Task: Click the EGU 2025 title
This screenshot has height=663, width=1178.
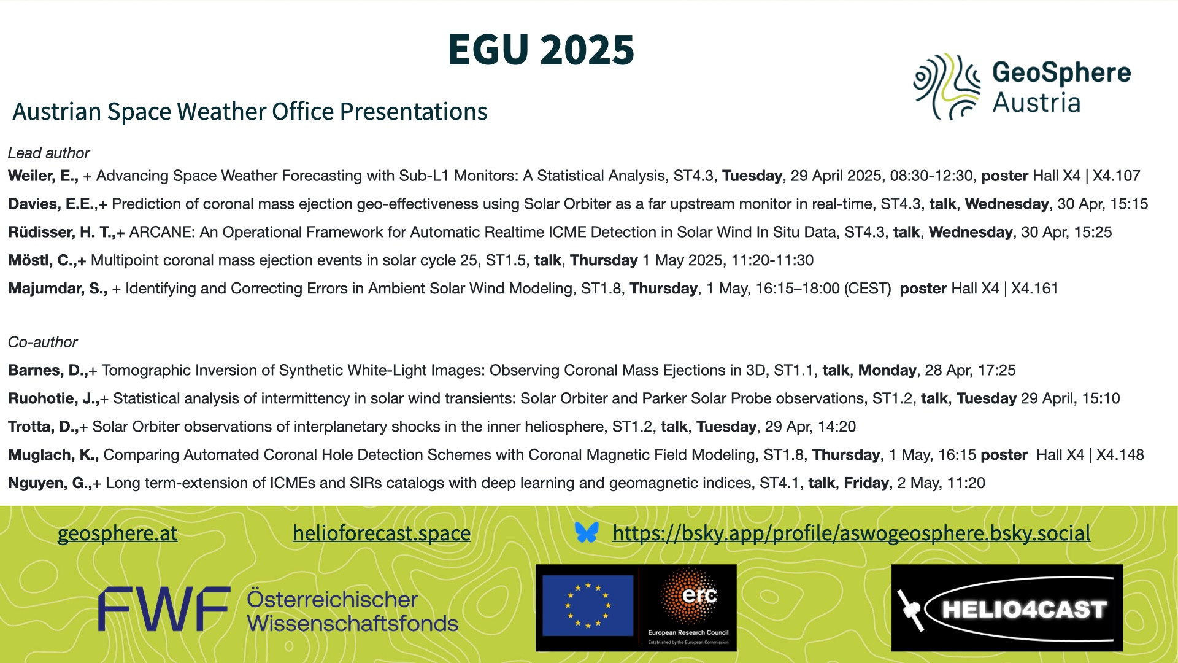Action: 541,50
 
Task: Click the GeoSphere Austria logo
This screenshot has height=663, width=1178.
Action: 1022,87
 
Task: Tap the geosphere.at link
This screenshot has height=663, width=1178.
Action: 117,533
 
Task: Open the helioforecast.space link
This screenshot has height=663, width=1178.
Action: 382,533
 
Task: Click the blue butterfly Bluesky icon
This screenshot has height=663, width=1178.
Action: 587,532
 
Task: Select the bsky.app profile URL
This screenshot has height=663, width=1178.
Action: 852,533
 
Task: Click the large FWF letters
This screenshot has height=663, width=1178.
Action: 164,609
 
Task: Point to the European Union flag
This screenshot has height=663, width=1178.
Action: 588,605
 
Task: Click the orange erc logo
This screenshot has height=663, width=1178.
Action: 689,595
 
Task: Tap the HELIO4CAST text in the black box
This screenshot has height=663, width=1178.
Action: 1024,610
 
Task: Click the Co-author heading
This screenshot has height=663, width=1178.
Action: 43,342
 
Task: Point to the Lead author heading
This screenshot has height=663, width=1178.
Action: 49,153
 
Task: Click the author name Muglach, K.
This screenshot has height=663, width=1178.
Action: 53,455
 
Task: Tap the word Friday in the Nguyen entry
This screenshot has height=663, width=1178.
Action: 866,483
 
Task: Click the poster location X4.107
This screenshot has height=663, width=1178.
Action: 1117,176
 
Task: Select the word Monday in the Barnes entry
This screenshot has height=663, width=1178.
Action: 887,370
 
